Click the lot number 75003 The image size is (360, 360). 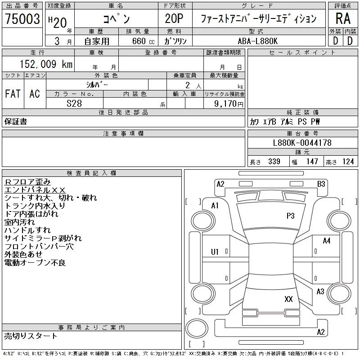[x=22, y=19]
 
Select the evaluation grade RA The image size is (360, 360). [x=343, y=19]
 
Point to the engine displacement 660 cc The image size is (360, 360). [x=137, y=41]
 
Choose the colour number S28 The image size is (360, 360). [x=74, y=103]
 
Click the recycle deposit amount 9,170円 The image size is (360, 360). [x=229, y=104]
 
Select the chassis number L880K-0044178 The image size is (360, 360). [x=302, y=143]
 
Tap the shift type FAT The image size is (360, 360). [x=13, y=94]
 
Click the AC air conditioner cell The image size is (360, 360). [x=35, y=94]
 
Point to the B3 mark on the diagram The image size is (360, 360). [x=321, y=184]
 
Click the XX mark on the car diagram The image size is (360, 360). [x=289, y=299]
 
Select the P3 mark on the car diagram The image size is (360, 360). [x=290, y=216]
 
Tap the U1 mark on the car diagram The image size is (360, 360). [x=215, y=252]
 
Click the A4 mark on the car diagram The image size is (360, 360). [x=327, y=241]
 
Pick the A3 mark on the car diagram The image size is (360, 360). [x=320, y=292]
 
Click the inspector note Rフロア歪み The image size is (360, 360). [x=28, y=182]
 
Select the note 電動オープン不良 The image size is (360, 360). [x=35, y=263]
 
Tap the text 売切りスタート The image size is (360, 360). [x=31, y=336]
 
